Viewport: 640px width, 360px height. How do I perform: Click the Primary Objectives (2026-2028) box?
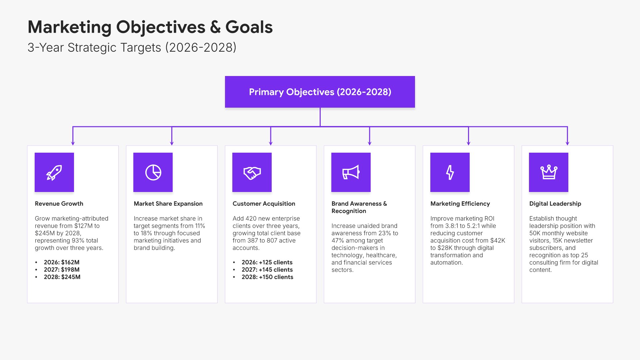(320, 92)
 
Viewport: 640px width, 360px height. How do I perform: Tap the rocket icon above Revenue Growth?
(54, 172)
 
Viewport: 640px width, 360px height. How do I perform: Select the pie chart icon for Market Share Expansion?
(153, 172)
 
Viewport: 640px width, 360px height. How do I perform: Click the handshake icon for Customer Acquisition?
(252, 173)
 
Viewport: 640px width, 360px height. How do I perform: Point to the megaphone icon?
(351, 172)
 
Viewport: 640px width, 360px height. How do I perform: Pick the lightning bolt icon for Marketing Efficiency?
(450, 172)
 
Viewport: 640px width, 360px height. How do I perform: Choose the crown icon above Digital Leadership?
(549, 172)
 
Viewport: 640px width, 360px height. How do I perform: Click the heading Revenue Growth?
(59, 204)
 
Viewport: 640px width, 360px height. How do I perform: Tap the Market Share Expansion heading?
(168, 204)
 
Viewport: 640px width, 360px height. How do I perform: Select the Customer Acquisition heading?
(264, 204)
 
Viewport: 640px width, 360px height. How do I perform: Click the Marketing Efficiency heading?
(460, 204)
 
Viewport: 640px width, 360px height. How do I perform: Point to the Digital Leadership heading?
(555, 204)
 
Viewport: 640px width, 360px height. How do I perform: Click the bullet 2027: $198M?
(62, 270)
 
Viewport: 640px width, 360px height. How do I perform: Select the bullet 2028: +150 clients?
(267, 277)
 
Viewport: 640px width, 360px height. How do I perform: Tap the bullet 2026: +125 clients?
(267, 262)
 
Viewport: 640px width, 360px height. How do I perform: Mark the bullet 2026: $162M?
(62, 262)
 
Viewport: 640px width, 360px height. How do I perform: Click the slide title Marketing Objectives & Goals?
(150, 27)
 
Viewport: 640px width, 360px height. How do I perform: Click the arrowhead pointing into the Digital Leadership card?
(567, 143)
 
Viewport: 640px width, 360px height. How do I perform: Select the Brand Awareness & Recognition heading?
(359, 207)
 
